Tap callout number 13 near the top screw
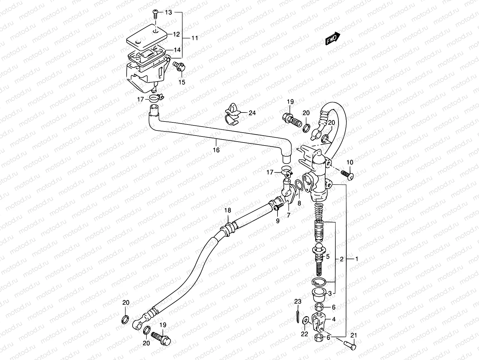[x=169, y=12]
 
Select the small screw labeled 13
[x=155, y=13]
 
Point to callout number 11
[x=195, y=38]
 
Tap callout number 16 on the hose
[x=216, y=150]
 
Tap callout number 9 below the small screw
[x=278, y=221]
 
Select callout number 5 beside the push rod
[x=328, y=257]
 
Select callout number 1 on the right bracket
[x=357, y=259]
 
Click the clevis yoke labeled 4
[x=319, y=320]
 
